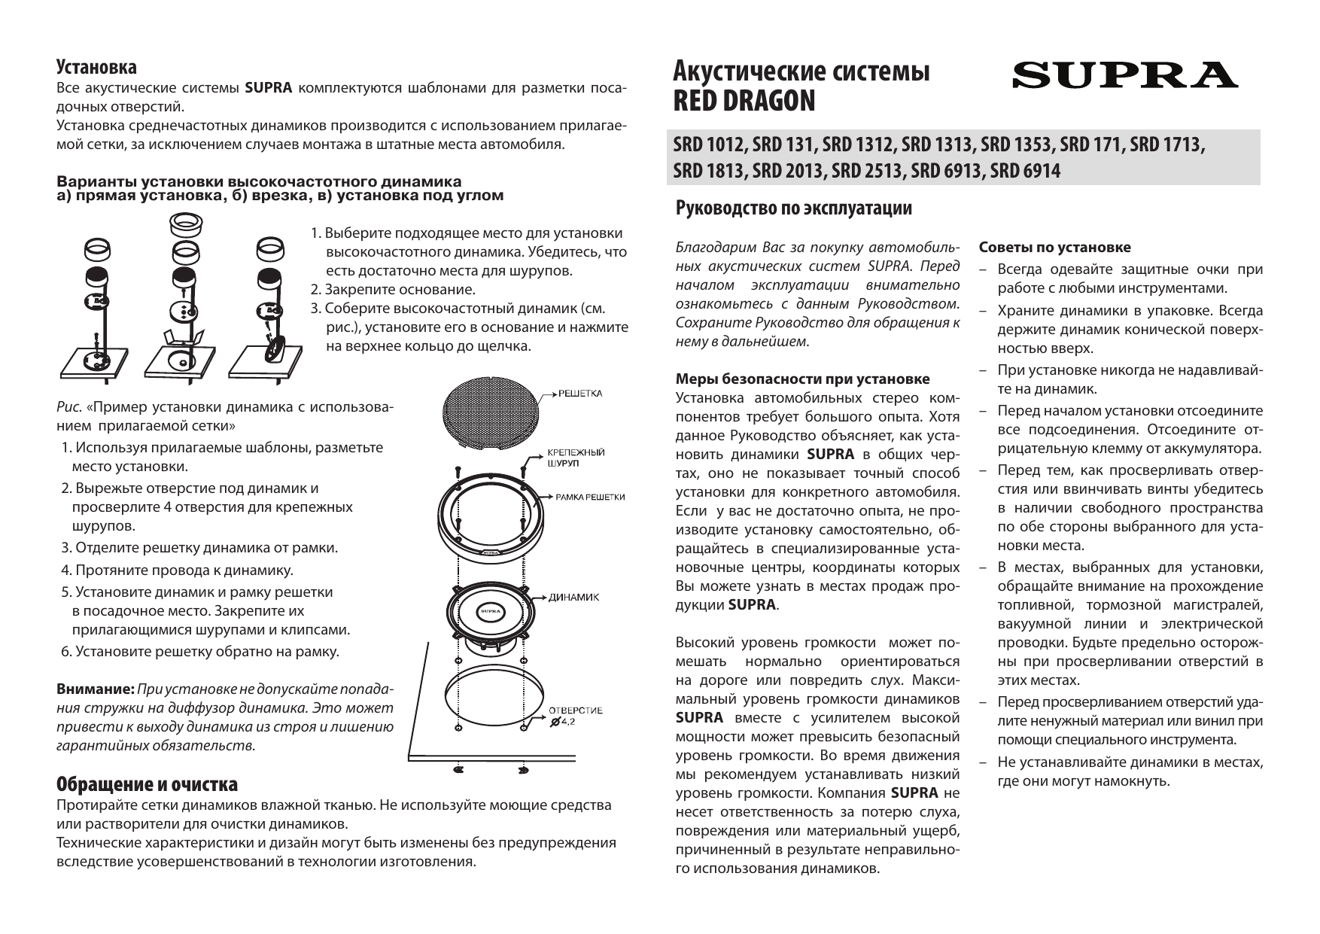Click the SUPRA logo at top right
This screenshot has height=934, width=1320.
click(1124, 75)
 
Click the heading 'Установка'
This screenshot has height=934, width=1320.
click(97, 68)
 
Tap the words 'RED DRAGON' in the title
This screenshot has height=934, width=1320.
click(744, 101)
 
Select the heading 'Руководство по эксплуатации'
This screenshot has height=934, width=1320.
click(794, 208)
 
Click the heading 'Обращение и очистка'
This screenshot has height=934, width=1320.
click(148, 784)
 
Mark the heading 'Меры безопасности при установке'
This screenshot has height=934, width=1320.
click(803, 379)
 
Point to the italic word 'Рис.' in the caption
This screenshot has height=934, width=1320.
click(70, 409)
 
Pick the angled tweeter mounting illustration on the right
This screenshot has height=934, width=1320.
click(269, 309)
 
